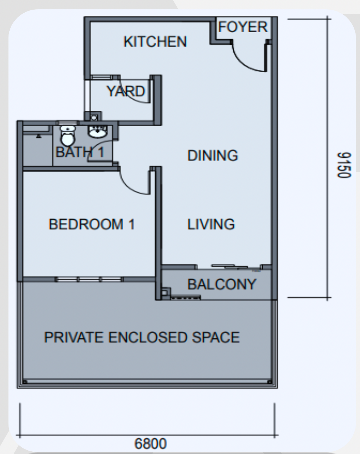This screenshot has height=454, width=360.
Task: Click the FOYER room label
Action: [243, 27]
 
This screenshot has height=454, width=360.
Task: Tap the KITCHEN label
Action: [155, 41]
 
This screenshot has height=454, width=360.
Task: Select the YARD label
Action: [126, 91]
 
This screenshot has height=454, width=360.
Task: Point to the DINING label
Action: [213, 156]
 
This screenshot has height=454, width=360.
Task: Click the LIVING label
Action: [211, 224]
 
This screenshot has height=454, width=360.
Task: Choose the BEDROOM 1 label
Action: [92, 224]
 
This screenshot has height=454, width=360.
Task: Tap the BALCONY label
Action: [222, 284]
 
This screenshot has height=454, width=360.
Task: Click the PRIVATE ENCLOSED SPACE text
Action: [142, 337]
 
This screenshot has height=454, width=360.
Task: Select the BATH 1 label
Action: [80, 152]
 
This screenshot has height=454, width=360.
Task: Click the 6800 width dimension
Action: [150, 444]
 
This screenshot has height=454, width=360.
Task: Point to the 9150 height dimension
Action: [344, 165]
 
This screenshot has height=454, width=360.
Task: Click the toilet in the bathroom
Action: [68, 136]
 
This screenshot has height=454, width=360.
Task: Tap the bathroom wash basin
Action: [97, 132]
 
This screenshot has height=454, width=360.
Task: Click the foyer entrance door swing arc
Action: [243, 63]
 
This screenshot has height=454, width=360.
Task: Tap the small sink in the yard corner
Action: [94, 117]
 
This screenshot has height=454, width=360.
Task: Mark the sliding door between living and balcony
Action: [230, 267]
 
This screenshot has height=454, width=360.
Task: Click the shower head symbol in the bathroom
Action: [39, 136]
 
